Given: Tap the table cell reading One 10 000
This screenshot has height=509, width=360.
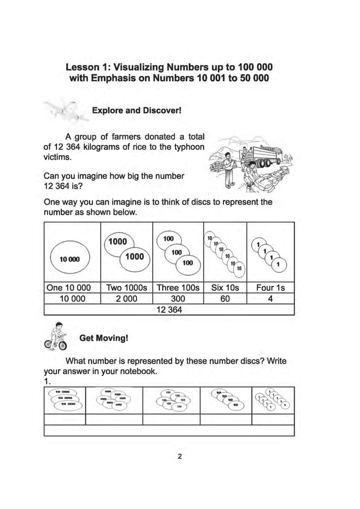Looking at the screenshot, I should pyautogui.click(x=72, y=288).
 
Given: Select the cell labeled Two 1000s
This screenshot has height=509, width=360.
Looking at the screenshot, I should pyautogui.click(x=127, y=288).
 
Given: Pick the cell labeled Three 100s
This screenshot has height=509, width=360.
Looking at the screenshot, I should pyautogui.click(x=178, y=288).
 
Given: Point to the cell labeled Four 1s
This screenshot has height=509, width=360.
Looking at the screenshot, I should pyautogui.click(x=270, y=288).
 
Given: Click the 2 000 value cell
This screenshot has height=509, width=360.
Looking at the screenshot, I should pyautogui.click(x=127, y=299).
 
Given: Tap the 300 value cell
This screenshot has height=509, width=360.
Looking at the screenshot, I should pyautogui.click(x=178, y=299).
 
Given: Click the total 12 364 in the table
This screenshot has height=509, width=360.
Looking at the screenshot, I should pyautogui.click(x=169, y=309).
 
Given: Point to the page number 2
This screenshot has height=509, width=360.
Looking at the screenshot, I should pyautogui.click(x=179, y=457).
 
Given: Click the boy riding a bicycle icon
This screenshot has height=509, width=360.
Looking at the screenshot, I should pyautogui.click(x=55, y=336).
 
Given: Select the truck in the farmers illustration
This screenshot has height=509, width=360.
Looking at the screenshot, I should pyautogui.click(x=265, y=155).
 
